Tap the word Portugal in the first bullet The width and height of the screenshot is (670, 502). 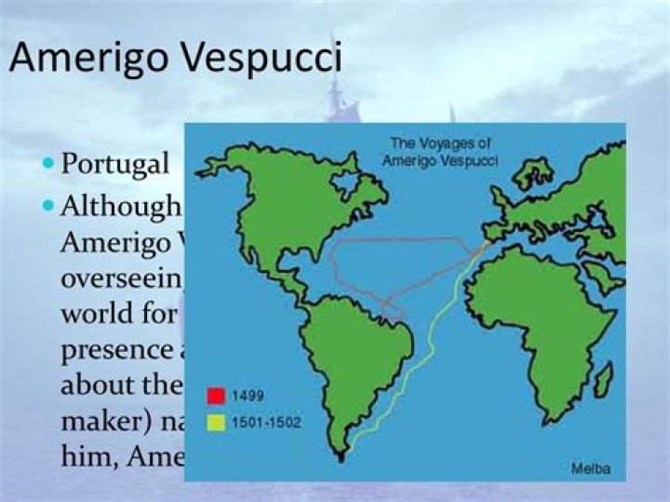tap(115, 164)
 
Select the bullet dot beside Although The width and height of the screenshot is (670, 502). tap(48, 205)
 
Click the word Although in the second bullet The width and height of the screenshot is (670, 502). tap(121, 206)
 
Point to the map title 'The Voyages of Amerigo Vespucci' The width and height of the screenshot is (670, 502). tap(443, 152)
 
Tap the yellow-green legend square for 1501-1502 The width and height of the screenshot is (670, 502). tap(218, 423)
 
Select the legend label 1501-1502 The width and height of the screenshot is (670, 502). tap(264, 423)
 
